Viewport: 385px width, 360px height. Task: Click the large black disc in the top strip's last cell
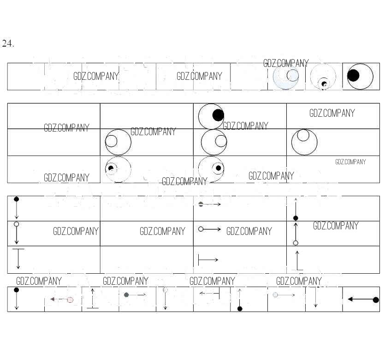[353, 75]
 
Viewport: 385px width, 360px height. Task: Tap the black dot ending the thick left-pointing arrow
[376, 300]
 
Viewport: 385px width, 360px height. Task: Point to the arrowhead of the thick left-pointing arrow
[350, 299]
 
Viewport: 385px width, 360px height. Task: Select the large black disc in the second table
[218, 115]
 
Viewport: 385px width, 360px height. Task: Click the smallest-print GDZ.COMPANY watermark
[350, 162]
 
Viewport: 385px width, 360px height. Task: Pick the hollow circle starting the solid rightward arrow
[201, 229]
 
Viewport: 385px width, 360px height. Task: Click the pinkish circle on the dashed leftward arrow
[70, 300]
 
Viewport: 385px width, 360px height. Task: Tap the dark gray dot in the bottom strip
[126, 294]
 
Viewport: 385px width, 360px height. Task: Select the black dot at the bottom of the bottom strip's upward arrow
[240, 309]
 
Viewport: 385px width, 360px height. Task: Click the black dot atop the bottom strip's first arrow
[17, 290]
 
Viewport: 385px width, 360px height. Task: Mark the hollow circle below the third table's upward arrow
[296, 243]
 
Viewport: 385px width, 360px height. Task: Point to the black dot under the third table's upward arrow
[296, 218]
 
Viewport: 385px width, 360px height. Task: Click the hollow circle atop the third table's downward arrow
[17, 224]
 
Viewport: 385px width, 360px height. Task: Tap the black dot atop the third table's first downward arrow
[17, 199]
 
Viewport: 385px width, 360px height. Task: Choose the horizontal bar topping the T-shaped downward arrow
[18, 249]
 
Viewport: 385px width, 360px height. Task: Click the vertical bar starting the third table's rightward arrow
[198, 260]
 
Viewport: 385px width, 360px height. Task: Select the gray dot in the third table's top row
[201, 204]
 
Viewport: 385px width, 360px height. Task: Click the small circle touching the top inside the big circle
[303, 135]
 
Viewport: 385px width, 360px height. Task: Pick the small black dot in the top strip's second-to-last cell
[324, 84]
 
